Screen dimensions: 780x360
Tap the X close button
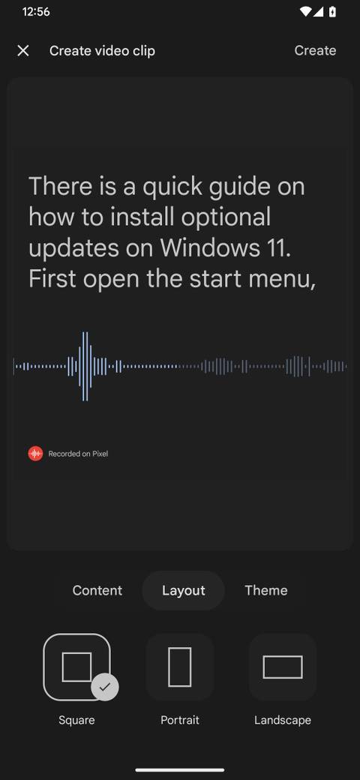point(23,50)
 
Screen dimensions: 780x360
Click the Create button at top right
point(315,50)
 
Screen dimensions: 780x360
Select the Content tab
point(97,590)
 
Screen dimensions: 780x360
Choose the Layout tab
point(184,590)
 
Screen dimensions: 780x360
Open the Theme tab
point(266,590)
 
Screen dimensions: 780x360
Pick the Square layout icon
point(76,667)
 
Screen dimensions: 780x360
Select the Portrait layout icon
point(180,667)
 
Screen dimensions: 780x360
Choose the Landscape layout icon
point(283,667)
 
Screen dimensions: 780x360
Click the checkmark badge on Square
point(105,687)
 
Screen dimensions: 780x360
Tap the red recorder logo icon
point(35,453)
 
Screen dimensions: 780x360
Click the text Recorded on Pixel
point(78,454)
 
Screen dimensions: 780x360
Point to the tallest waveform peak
point(85,366)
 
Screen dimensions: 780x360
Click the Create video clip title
point(102,50)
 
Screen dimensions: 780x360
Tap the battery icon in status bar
point(332,12)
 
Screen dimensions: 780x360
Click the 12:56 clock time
point(36,12)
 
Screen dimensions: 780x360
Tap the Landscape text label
point(283,720)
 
